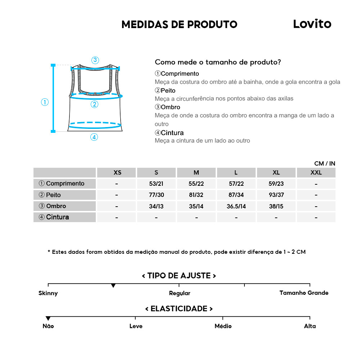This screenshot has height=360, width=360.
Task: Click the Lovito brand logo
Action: click(x=312, y=24)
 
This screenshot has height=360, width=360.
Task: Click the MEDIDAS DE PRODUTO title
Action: click(x=179, y=24)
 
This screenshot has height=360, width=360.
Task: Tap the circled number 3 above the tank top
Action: click(x=95, y=60)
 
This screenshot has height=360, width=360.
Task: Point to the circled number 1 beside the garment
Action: click(x=45, y=102)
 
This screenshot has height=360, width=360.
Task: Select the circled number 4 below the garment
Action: click(x=94, y=137)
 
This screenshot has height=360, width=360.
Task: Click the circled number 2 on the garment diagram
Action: click(x=94, y=104)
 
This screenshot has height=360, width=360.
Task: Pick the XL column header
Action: click(x=276, y=172)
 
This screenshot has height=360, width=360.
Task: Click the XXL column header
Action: click(x=316, y=172)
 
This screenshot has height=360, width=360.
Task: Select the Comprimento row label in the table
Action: click(x=65, y=184)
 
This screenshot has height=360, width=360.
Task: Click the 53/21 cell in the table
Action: click(x=156, y=184)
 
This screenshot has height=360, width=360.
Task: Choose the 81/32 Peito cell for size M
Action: click(x=196, y=195)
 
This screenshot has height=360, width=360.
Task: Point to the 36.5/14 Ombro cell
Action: click(x=236, y=206)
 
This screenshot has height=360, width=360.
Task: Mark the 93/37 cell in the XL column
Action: click(x=276, y=195)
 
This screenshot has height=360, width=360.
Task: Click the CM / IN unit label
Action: click(x=324, y=163)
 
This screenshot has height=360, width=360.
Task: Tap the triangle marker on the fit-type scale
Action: click(x=113, y=285)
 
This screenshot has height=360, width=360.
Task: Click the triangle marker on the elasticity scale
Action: click(x=48, y=318)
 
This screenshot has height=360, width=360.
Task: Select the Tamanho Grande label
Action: click(x=304, y=293)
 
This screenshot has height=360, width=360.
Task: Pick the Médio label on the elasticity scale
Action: click(x=223, y=326)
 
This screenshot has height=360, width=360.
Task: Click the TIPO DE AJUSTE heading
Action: click(x=179, y=276)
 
